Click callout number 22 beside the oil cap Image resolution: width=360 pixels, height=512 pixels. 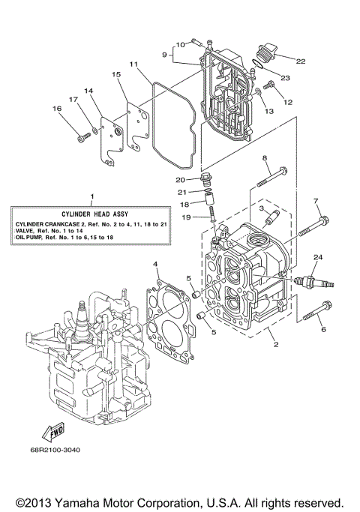[x=301, y=61]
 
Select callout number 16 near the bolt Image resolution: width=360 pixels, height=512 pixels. [x=56, y=109]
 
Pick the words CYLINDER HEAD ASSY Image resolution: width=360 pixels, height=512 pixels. [x=91, y=214]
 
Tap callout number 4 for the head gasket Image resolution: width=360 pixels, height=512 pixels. [x=155, y=264]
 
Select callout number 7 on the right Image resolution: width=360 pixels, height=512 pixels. [x=316, y=201]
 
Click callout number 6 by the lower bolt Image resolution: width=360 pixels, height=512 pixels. [x=323, y=328]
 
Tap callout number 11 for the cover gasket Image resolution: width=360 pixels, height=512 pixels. [x=132, y=65]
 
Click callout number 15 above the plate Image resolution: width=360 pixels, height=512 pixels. [x=116, y=75]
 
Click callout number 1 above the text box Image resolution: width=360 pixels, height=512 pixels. [x=91, y=197]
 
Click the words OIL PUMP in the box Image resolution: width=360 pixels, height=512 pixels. [x=31, y=238]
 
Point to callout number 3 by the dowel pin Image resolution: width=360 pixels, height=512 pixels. [x=262, y=211]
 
